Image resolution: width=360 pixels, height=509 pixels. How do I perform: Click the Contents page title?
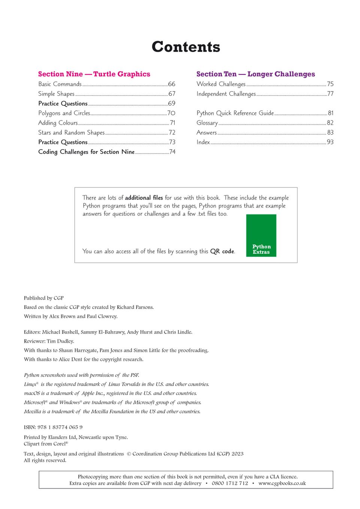click(186, 47)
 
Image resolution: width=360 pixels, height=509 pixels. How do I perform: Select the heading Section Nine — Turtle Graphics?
click(94, 74)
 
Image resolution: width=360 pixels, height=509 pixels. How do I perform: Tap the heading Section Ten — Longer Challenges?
click(255, 74)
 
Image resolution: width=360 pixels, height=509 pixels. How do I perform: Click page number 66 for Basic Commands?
click(172, 84)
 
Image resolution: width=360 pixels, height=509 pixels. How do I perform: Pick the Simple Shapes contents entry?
click(56, 94)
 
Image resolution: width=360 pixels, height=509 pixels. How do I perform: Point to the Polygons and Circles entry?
click(64, 113)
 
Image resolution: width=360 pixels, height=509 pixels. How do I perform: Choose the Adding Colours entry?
click(58, 123)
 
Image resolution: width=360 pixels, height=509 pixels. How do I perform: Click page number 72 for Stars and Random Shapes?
click(172, 132)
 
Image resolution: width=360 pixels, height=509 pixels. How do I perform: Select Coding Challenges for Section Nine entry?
click(86, 152)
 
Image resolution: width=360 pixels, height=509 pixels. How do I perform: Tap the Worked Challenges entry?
click(221, 84)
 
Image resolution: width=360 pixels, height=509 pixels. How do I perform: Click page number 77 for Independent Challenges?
click(330, 94)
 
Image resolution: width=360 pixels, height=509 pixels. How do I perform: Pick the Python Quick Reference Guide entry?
click(235, 113)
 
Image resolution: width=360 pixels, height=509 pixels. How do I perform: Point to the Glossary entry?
click(207, 123)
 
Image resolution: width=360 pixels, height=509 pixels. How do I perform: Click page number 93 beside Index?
click(330, 142)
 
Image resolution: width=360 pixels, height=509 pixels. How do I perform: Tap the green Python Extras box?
click(261, 235)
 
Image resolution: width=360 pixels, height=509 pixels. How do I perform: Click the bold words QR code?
click(222, 252)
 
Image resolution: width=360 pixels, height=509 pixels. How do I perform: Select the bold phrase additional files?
click(144, 198)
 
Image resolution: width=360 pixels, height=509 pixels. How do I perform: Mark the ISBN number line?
click(53, 427)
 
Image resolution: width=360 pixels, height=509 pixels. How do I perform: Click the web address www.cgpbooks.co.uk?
click(282, 483)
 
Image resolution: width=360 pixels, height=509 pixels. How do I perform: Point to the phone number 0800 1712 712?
click(230, 483)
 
